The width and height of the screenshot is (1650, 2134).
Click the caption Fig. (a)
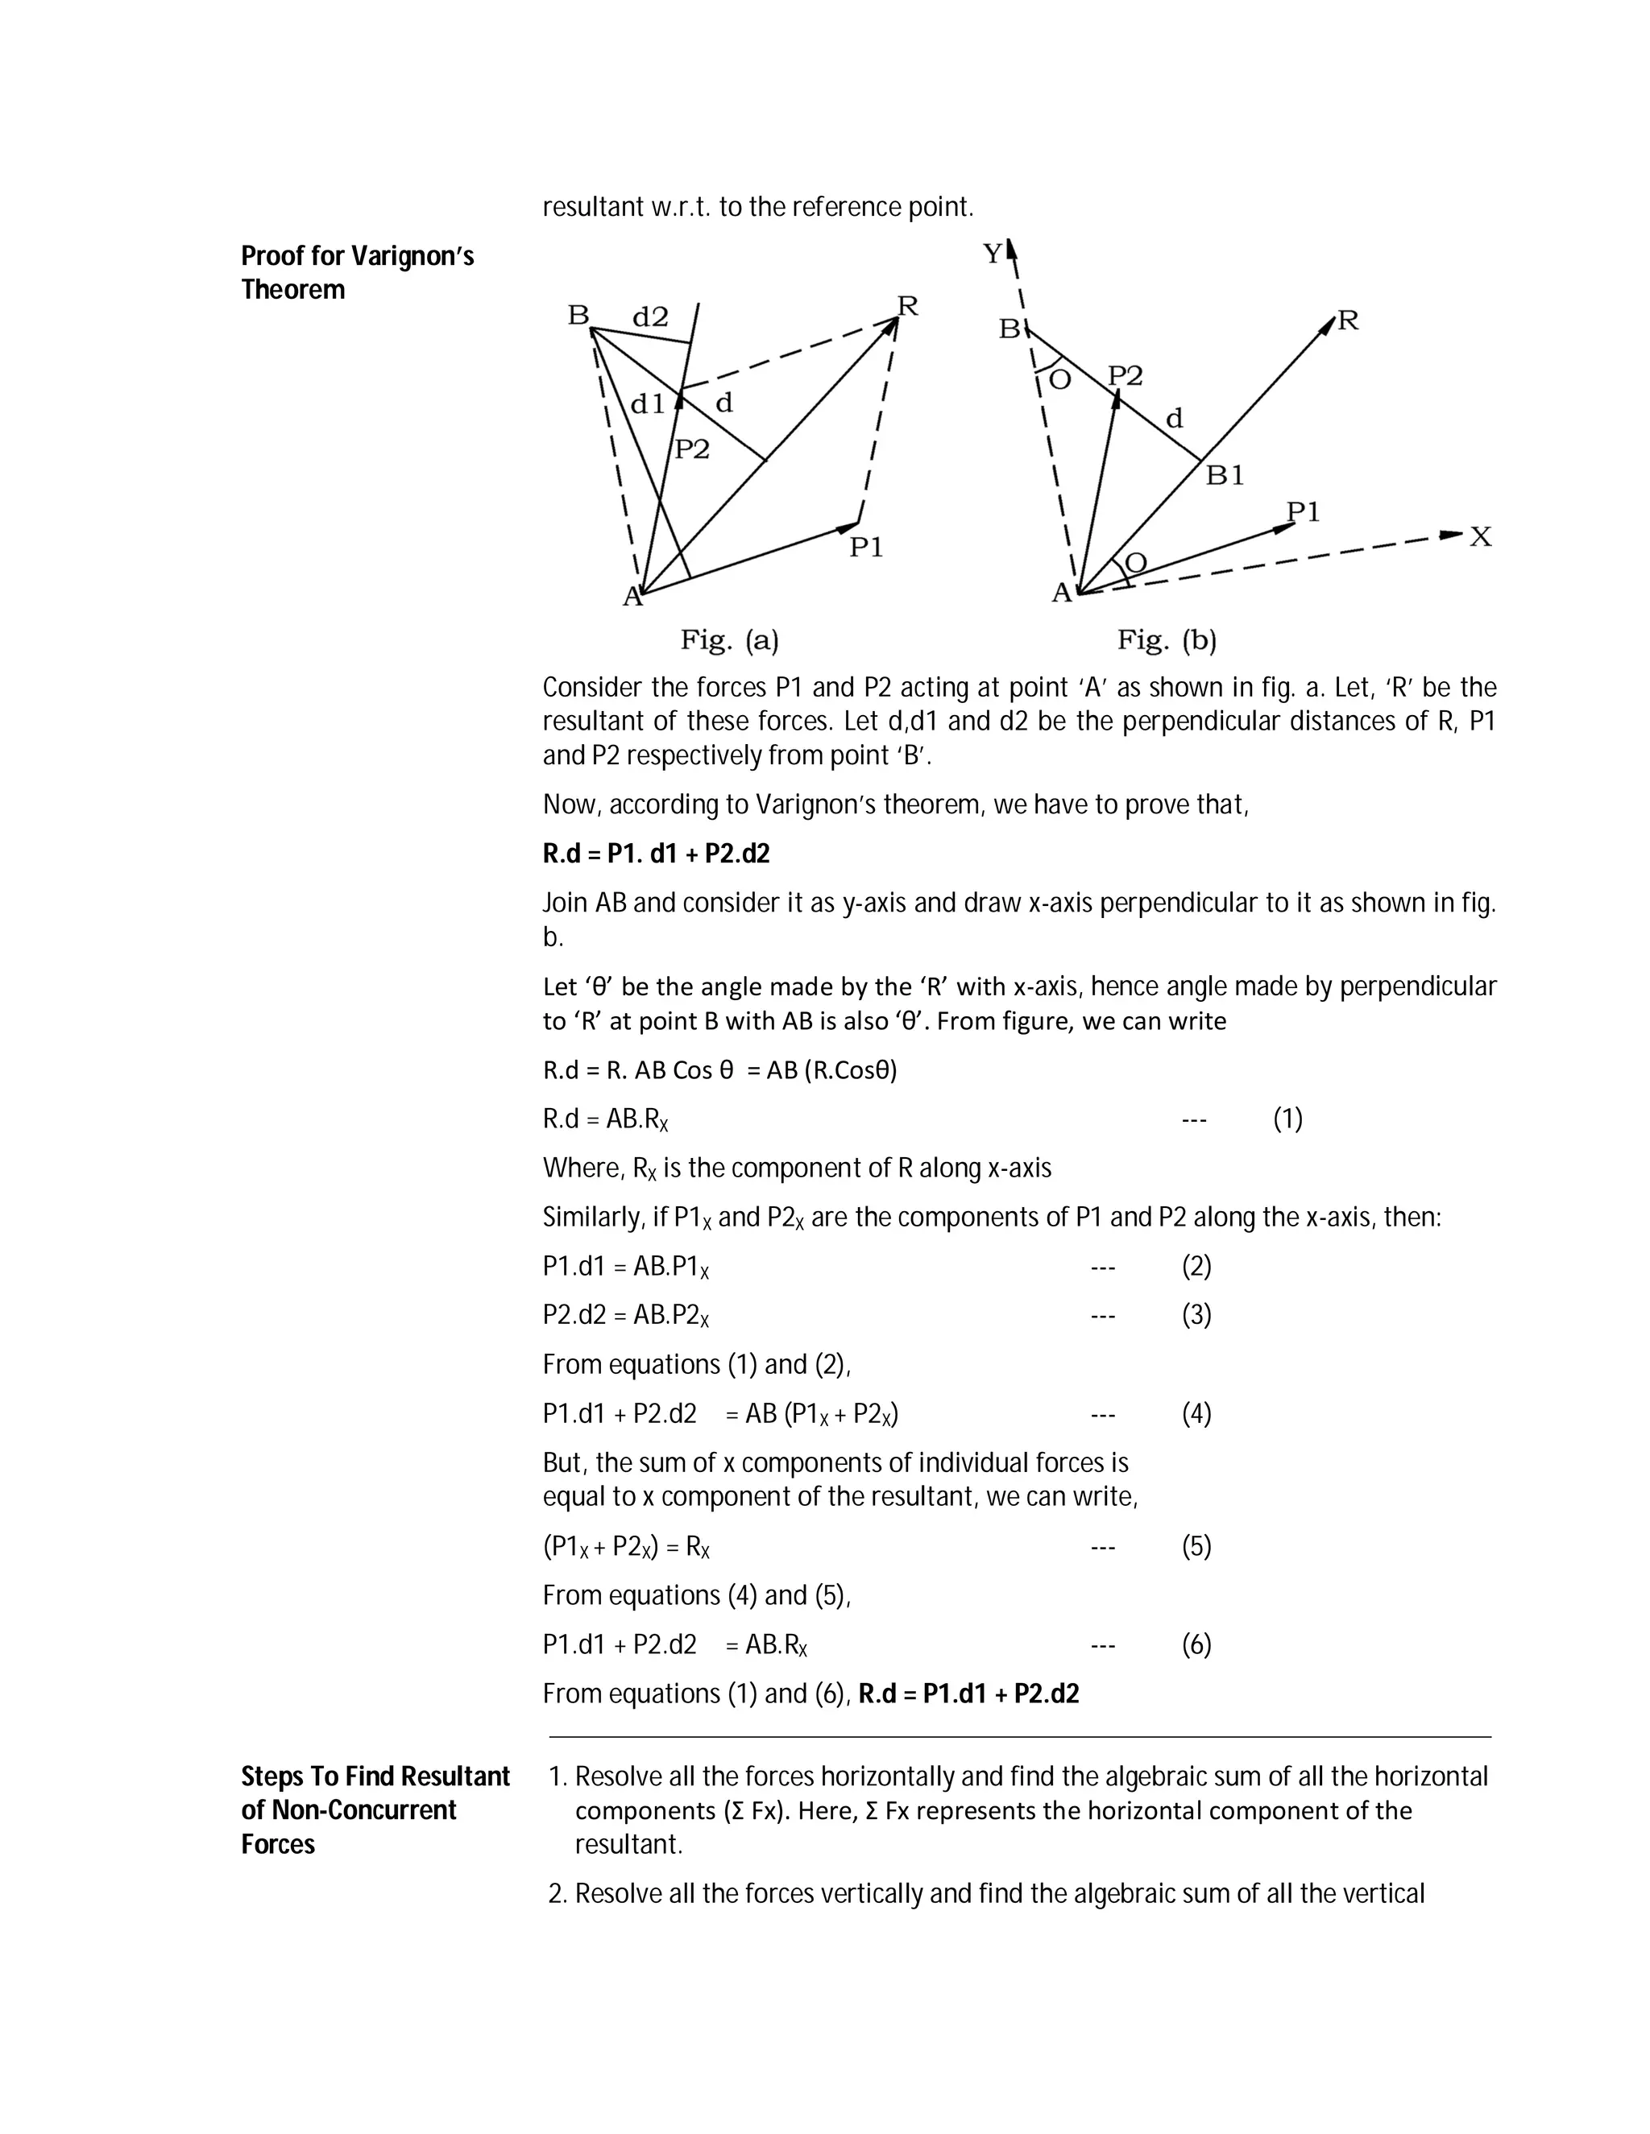point(729,641)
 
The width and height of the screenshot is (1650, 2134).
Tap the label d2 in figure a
point(650,316)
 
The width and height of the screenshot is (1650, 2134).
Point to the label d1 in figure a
point(647,403)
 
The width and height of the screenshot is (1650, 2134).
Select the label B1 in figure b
point(1225,476)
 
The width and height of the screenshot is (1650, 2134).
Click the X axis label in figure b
point(1481,536)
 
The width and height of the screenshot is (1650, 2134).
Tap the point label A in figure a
point(632,597)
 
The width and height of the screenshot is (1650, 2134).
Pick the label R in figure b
point(1348,321)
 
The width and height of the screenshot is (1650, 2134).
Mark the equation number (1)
point(1287,1119)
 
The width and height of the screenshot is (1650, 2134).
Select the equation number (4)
point(1196,1414)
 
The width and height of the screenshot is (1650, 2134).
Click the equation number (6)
point(1196,1644)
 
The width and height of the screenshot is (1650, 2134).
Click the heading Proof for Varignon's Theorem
point(357,273)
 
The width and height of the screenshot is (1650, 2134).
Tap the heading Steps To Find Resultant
point(375,1776)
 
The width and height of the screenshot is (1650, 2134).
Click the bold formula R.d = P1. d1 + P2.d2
point(656,854)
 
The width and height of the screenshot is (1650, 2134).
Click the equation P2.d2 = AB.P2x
point(625,1315)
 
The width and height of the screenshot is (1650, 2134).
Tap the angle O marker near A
point(1137,562)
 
